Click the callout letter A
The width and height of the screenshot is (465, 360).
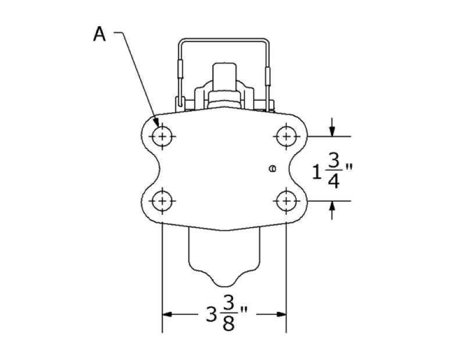(x=99, y=35)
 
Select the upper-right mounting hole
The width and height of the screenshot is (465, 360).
(x=285, y=137)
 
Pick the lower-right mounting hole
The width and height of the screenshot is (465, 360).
(x=285, y=201)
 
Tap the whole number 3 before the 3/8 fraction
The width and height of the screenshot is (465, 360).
(x=211, y=315)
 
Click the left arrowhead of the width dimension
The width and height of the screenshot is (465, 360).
(x=166, y=315)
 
